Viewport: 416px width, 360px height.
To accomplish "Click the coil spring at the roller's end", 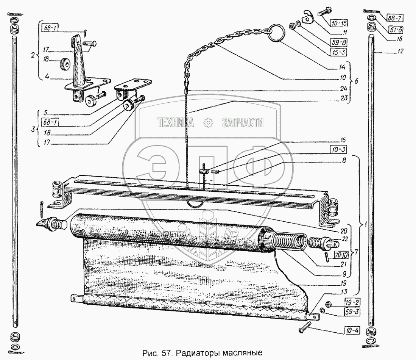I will (x=289, y=242).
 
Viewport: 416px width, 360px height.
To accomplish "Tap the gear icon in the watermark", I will (x=209, y=122).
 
